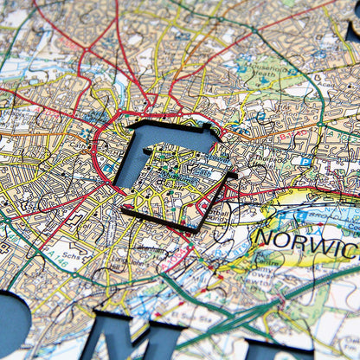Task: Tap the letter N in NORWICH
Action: [265, 235]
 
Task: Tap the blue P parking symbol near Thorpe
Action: [305, 161]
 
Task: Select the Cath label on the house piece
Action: [200, 171]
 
